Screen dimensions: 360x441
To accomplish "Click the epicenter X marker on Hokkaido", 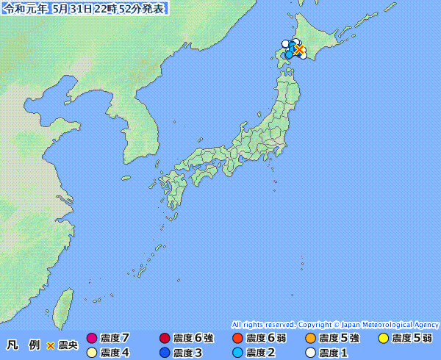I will click(x=299, y=49).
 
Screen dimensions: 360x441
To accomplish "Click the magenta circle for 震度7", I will click(x=92, y=339).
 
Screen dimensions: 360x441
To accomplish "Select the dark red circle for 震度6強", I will click(x=165, y=339).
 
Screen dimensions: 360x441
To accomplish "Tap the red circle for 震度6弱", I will click(x=237, y=339).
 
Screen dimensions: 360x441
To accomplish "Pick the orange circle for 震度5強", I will click(x=310, y=339).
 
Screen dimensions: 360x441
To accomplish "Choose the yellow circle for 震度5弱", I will click(x=383, y=339).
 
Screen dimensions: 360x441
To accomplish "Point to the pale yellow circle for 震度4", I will click(x=92, y=353).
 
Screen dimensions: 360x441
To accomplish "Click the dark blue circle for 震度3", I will click(x=165, y=353).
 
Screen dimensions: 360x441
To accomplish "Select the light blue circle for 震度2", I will click(x=237, y=353).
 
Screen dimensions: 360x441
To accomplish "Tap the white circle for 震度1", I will click(x=310, y=353).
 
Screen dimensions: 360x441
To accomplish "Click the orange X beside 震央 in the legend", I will click(x=51, y=345).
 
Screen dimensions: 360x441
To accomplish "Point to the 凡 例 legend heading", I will click(x=24, y=345).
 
